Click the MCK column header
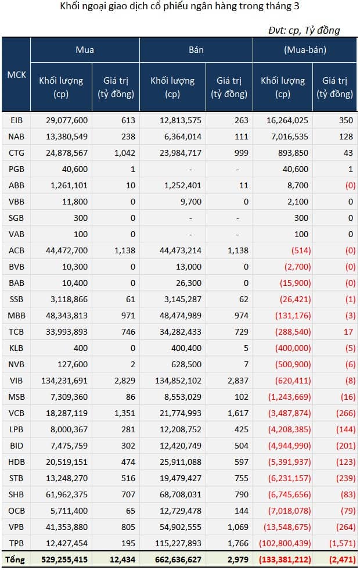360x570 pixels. point(16,75)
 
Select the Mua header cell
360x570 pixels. point(85,50)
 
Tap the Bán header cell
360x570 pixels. point(196,50)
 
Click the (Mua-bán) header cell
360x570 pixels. point(305,50)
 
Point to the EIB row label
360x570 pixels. point(16,120)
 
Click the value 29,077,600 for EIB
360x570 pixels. point(67,120)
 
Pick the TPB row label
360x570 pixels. point(16,543)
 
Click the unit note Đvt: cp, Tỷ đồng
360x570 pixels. point(304,30)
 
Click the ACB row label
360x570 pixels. point(16,250)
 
